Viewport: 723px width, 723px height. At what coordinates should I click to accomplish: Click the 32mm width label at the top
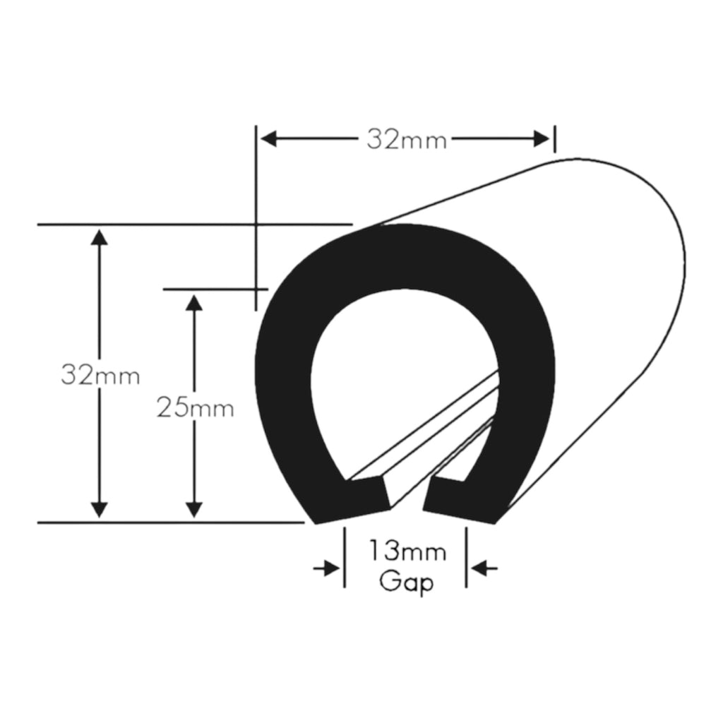click(406, 140)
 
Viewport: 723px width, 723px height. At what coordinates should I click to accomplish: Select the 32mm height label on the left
click(100, 375)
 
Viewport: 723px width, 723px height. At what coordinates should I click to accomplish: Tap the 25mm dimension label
click(195, 407)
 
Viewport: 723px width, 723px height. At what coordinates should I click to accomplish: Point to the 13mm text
click(406, 551)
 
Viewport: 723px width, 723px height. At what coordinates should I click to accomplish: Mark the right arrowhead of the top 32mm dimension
click(542, 139)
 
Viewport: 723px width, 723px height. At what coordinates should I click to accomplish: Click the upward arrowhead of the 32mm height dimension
click(100, 237)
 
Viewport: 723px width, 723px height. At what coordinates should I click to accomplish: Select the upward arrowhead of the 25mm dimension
click(194, 302)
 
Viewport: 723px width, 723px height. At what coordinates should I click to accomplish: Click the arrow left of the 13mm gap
click(328, 568)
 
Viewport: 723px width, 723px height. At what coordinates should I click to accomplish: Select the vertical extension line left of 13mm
click(345, 558)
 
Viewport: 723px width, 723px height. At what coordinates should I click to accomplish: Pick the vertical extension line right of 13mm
click(466, 558)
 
